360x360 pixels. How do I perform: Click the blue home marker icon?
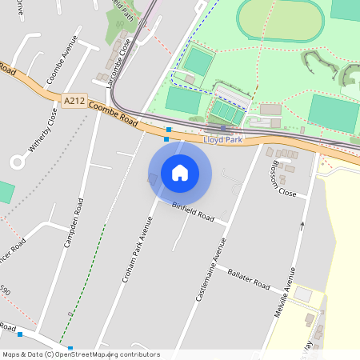[180, 173]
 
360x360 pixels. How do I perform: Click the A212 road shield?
[72, 100]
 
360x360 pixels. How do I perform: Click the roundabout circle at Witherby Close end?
[17, 162]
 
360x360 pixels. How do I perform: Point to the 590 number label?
[6, 291]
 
